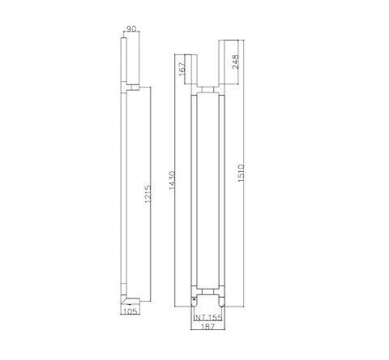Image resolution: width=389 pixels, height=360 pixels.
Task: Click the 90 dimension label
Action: tap(131, 28)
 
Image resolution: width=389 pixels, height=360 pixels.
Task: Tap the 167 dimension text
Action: tap(182, 69)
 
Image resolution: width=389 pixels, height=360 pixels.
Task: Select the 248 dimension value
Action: tap(236, 62)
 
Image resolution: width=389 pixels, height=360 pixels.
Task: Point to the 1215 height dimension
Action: tap(147, 194)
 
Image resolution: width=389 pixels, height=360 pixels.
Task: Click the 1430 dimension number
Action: tap(172, 180)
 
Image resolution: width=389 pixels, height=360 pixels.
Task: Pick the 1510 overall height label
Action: tap(241, 174)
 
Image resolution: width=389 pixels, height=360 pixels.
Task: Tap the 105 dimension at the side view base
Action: tap(130, 311)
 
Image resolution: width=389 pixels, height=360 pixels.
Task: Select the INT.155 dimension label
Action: tap(208, 318)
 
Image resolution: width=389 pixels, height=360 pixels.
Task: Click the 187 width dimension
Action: tap(208, 327)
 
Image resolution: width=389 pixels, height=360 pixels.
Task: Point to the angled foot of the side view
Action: tap(130, 301)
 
